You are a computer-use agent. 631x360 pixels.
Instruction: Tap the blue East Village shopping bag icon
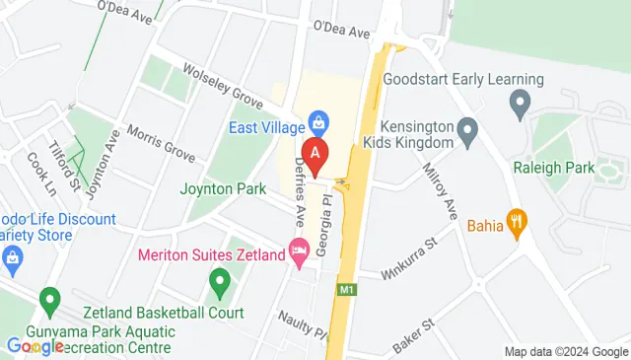[x=318, y=121]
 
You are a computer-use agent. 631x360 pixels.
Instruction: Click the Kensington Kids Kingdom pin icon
[x=468, y=128]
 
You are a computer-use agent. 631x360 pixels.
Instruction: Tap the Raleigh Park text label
[x=554, y=168]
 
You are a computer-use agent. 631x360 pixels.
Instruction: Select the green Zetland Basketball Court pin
[x=221, y=286]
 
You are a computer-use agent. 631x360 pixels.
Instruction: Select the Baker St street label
[x=414, y=324]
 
